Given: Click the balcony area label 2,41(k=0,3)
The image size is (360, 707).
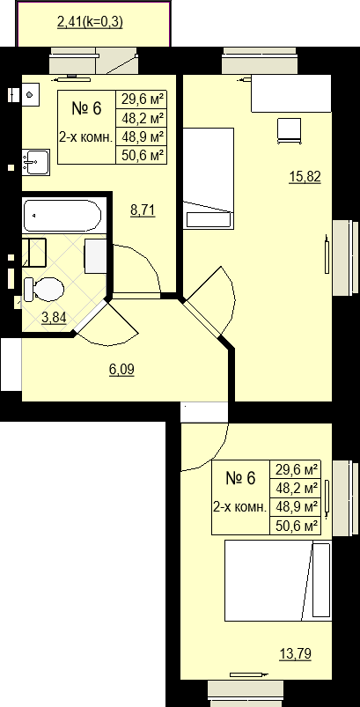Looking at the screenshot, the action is tap(90, 22).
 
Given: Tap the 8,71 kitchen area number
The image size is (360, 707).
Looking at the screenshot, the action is tap(143, 210).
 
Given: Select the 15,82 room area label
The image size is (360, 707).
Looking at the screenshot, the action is tap(305, 176).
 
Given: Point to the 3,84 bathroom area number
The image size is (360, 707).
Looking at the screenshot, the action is tap(54, 318).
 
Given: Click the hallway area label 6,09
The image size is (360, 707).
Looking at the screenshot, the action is tap(121, 370).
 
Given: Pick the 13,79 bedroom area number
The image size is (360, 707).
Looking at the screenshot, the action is tap(296, 653).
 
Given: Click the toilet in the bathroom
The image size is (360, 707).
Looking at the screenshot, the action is tap(43, 290).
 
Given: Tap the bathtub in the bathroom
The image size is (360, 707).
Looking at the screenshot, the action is tap(62, 216).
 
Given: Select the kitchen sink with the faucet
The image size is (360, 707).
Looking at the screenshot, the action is tap(36, 162).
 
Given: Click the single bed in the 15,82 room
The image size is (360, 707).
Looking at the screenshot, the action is tap(209, 178).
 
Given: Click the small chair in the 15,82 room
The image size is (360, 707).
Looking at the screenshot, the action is tap(289, 131).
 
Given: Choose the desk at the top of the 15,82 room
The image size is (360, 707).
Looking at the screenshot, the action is tap(291, 94).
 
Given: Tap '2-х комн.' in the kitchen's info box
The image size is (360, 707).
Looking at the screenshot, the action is tap(85, 137).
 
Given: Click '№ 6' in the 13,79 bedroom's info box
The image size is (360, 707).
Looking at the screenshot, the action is tap(240, 478).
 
